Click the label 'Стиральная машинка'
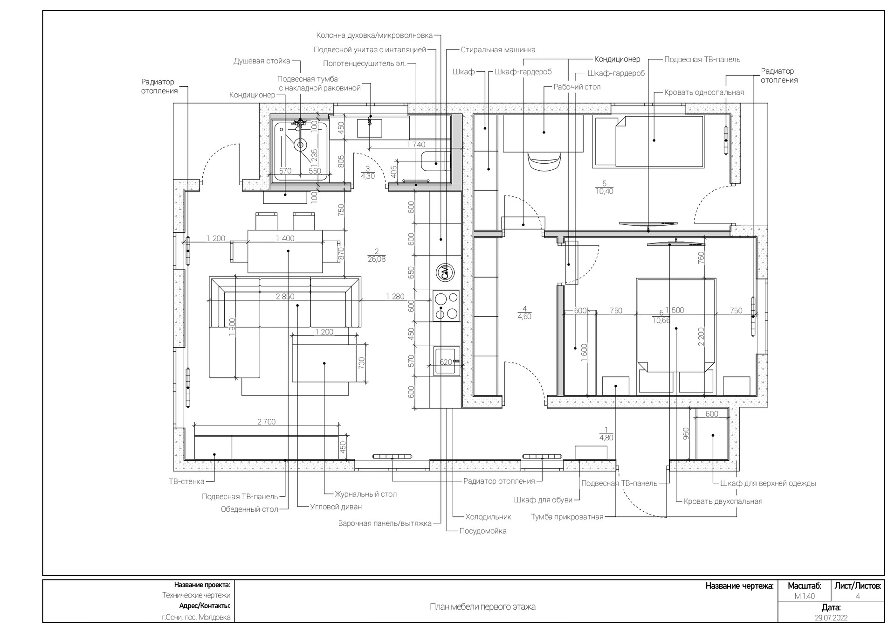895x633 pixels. pyautogui.click(x=498, y=50)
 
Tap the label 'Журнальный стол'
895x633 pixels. pyautogui.click(x=366, y=494)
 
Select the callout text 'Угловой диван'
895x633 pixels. pyautogui.click(x=336, y=507)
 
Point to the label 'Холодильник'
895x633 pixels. pyautogui.click(x=488, y=517)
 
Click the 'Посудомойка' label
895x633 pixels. pyautogui.click(x=483, y=531)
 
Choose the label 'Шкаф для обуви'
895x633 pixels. pyautogui.click(x=543, y=500)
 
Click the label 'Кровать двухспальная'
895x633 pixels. pyautogui.click(x=723, y=501)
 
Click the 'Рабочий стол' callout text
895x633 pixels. pyautogui.click(x=577, y=87)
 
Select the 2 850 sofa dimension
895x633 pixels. pyautogui.click(x=285, y=297)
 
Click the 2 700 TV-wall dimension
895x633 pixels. pyautogui.click(x=267, y=422)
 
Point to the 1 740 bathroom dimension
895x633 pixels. pyautogui.click(x=416, y=145)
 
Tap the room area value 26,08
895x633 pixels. pyautogui.click(x=377, y=259)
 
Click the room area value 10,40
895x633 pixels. pyautogui.click(x=605, y=191)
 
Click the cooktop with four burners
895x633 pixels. pyautogui.click(x=446, y=306)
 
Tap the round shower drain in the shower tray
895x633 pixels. pyautogui.click(x=300, y=145)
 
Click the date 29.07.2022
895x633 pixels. pyautogui.click(x=831, y=618)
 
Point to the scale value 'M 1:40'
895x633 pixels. pyautogui.click(x=805, y=596)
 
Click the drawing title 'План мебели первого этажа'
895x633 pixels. pyautogui.click(x=482, y=607)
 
